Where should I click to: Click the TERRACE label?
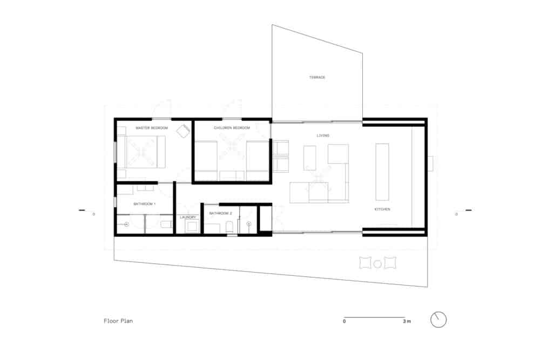[317, 78]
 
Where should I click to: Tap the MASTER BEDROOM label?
[152, 128]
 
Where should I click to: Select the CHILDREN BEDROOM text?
[232, 128]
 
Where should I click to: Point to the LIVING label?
[323, 135]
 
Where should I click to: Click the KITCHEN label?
[382, 209]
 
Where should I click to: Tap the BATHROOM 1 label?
[144, 204]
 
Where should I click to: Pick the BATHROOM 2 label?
[220, 214]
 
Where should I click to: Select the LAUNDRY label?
[188, 217]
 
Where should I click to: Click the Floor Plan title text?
[118, 321]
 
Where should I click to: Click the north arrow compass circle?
[439, 320]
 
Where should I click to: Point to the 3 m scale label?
[407, 322]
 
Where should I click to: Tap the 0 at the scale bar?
[344, 322]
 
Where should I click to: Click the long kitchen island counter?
[382, 171]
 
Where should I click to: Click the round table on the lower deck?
[377, 264]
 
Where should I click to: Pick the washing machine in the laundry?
[192, 226]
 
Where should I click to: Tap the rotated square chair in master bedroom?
[184, 131]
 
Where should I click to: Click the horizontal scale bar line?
[374, 317]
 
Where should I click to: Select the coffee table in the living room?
[310, 158]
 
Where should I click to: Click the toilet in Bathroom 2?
[230, 226]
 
